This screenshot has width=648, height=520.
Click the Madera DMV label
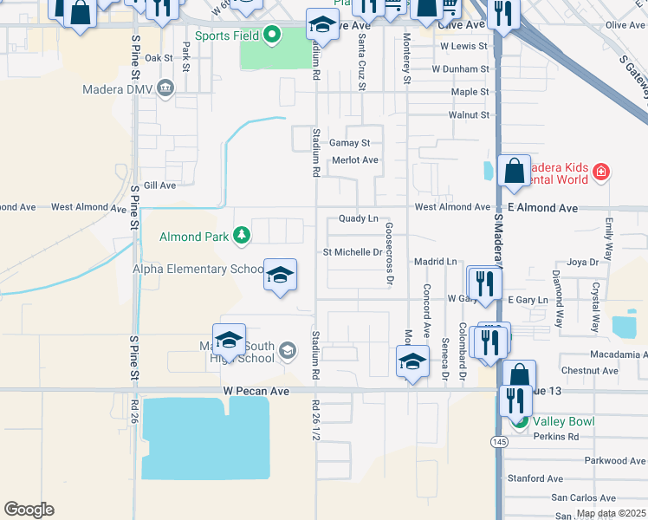click(x=117, y=88)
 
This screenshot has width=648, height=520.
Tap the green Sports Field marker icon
click(x=272, y=36)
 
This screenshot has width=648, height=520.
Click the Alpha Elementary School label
click(x=197, y=270)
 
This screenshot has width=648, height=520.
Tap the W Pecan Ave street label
click(x=256, y=392)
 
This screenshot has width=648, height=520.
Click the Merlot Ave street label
click(x=355, y=160)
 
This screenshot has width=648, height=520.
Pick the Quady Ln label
click(x=359, y=219)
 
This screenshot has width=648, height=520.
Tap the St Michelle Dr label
click(x=352, y=252)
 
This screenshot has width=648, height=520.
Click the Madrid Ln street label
click(x=435, y=261)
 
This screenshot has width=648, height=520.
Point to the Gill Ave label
click(x=159, y=185)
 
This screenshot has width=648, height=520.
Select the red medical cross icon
click(x=600, y=173)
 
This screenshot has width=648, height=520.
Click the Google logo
click(x=29, y=510)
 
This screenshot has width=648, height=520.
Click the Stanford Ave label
click(x=535, y=478)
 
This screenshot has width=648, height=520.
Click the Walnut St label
click(x=469, y=114)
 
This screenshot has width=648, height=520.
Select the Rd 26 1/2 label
click(x=315, y=424)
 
